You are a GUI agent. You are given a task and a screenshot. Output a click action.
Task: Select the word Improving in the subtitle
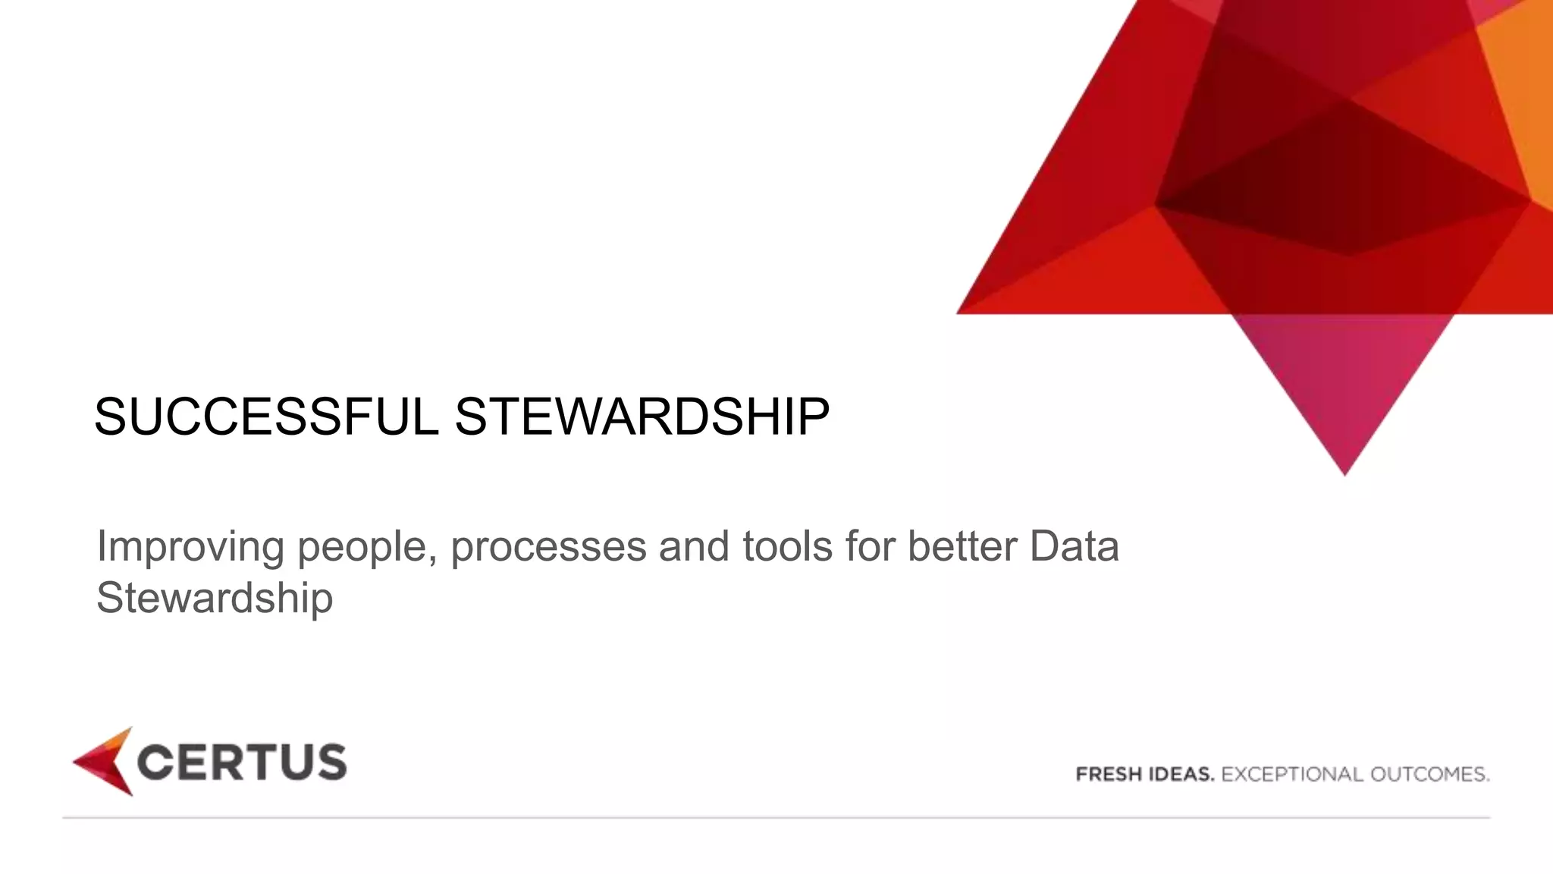coord(190,546)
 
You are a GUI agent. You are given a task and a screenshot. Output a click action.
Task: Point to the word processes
coord(548,548)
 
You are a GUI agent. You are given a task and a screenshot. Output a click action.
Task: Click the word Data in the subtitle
coord(1074,546)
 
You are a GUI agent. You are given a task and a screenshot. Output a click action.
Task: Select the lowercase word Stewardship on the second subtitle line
coord(215,598)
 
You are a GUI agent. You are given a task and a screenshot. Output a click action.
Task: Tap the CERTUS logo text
coord(242,762)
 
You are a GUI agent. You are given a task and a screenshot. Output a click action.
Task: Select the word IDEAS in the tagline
coord(1178,775)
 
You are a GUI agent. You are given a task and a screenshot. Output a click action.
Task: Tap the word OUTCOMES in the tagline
coord(1429,775)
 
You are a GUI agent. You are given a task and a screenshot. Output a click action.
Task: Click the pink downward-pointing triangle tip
coord(1344,455)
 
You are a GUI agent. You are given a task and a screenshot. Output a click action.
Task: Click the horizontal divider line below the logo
coord(776,818)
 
